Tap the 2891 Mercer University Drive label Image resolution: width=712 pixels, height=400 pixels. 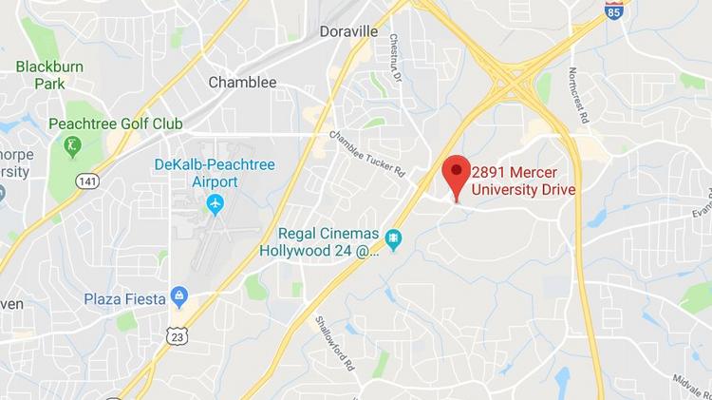[x=524, y=181]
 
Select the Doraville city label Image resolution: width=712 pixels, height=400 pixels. [x=348, y=31]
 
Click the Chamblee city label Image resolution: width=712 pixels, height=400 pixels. [x=242, y=83]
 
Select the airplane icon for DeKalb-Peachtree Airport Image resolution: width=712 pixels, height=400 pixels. [x=215, y=203]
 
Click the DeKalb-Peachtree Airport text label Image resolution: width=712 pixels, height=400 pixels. [x=215, y=173]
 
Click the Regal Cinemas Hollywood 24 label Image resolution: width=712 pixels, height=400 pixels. [x=320, y=242]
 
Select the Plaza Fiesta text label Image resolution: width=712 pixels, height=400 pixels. [x=123, y=297]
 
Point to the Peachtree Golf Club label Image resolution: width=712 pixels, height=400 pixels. [x=102, y=124]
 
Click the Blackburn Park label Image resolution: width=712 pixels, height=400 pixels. [x=42, y=74]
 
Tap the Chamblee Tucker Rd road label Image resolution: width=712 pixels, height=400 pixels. [x=367, y=153]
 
